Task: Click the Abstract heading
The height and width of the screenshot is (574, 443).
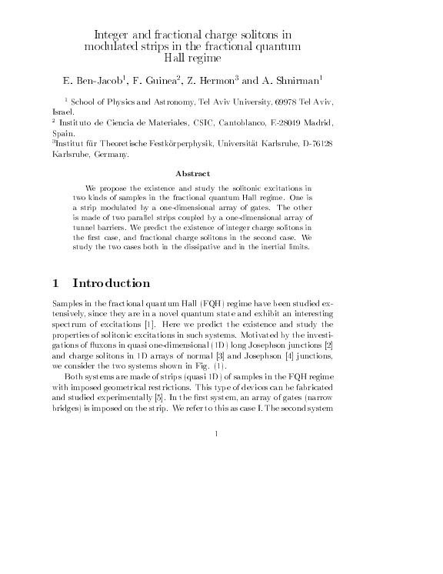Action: click(x=193, y=173)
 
